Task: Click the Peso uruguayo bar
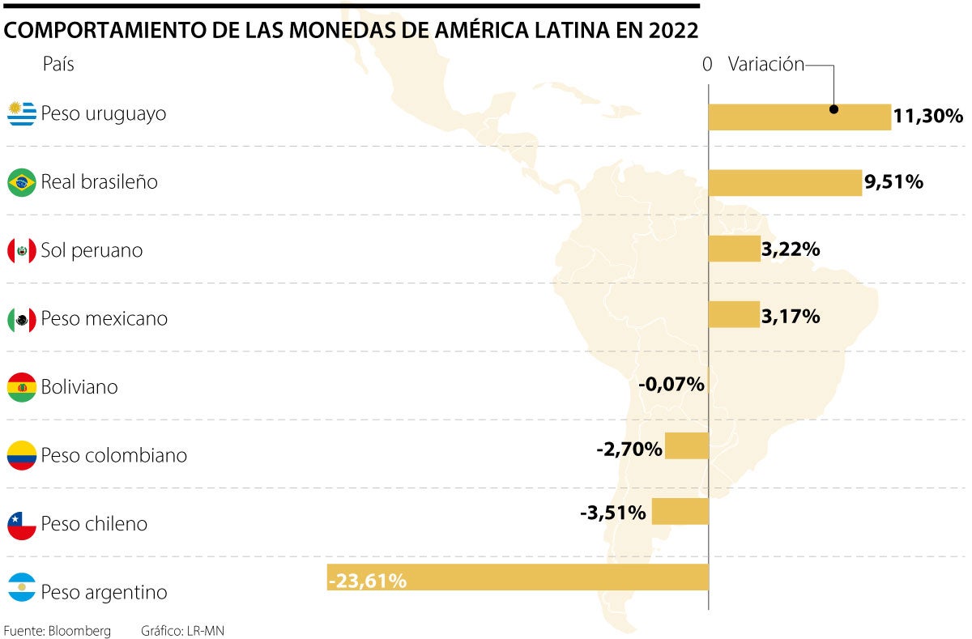coord(799,117)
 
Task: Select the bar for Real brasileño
coord(784,183)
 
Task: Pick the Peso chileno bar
coord(680,511)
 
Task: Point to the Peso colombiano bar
coord(687,445)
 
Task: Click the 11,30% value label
coord(928,117)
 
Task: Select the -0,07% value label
coord(671,384)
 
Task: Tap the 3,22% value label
coord(791,249)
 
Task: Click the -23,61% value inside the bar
coord(368,580)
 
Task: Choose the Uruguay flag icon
coord(22,113)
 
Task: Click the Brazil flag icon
coord(22,182)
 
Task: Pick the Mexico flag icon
coord(22,319)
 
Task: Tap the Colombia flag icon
coord(22,455)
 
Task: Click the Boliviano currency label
coord(79,387)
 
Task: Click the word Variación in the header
coord(765,65)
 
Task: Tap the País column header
coord(58,65)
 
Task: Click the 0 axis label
coord(707,65)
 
